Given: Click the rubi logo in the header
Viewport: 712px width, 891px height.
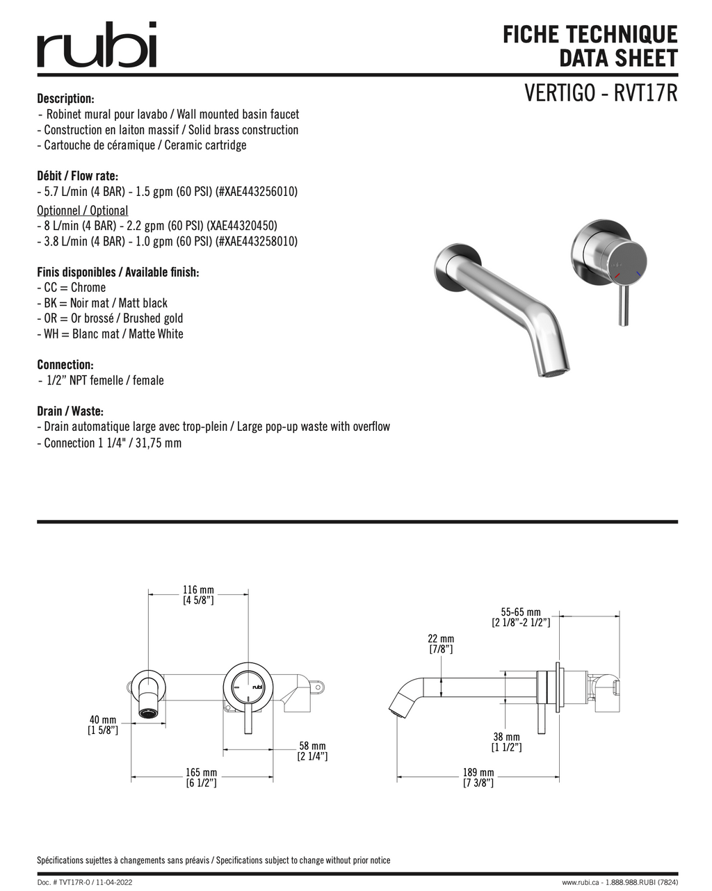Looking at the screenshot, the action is [97, 44].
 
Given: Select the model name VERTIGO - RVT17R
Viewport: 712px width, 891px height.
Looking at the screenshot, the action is [601, 92].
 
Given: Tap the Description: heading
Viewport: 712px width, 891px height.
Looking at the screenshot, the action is [65, 99].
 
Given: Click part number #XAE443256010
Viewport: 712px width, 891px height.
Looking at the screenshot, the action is [257, 192].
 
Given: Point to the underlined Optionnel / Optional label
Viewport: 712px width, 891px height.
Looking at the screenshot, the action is [83, 211].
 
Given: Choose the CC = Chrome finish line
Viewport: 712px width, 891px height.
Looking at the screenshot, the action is [71, 287].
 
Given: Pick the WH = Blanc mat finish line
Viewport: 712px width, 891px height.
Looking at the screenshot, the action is [110, 334].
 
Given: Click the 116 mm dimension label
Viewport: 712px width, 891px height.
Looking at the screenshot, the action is [198, 595].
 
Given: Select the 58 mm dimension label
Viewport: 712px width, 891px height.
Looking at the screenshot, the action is [312, 751].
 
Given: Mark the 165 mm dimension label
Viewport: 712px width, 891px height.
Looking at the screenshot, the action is [202, 778].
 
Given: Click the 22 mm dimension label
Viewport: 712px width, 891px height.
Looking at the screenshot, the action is [441, 644].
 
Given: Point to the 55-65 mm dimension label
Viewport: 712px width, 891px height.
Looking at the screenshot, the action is [521, 617].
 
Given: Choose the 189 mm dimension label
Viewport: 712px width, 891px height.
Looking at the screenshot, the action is [478, 778].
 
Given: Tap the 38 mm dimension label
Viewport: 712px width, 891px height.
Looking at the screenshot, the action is [507, 742].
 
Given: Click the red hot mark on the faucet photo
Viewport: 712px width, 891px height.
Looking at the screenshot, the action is [617, 275].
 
